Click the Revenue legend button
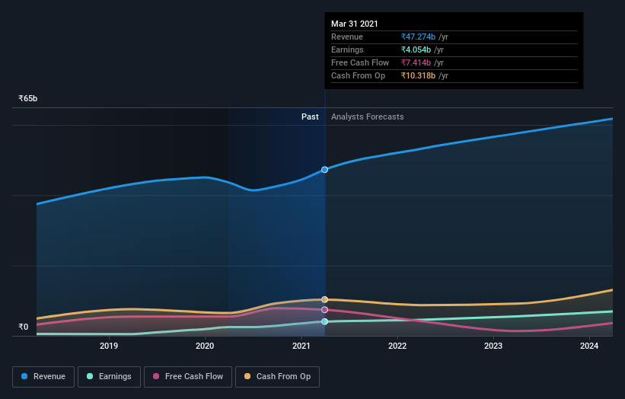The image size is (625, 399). pos(44,376)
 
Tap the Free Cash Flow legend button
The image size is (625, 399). pos(187,376)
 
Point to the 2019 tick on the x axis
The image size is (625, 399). pos(109,346)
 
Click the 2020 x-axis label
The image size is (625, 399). pos(205,346)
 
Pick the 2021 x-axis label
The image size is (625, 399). pos(301,346)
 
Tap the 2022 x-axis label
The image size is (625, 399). pos(397,346)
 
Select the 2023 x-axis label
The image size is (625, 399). pos(493,346)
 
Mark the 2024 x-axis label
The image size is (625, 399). pos(589,346)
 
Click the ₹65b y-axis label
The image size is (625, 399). pos(28,99)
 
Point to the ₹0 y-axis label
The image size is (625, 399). pos(23,327)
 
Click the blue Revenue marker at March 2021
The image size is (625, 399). pos(325,169)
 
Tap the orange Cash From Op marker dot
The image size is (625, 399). pos(325,299)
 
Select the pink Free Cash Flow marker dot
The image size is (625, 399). pos(325,310)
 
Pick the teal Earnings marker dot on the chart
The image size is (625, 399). pos(325,321)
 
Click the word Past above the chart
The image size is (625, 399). pos(310,117)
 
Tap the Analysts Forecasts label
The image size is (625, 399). pos(367,117)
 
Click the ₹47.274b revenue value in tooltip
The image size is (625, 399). pos(419,37)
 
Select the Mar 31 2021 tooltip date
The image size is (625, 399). pos(354,24)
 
